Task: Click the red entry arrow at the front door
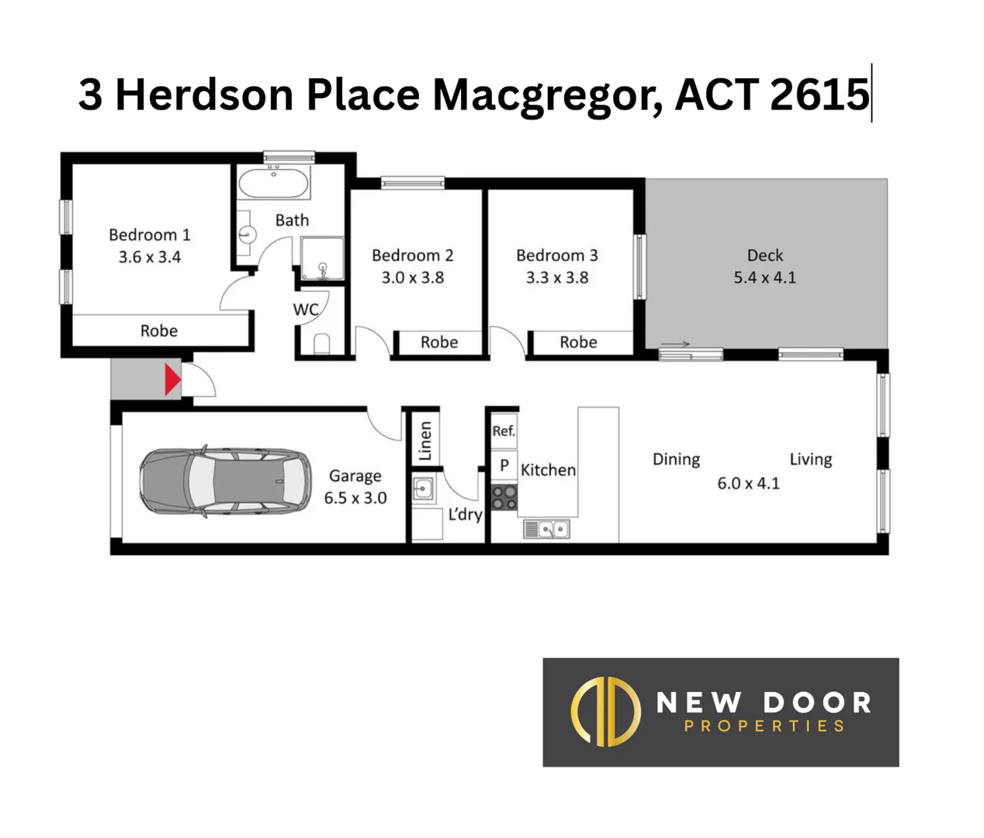[172, 380]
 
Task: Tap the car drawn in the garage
[224, 481]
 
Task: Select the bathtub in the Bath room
[273, 184]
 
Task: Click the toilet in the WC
[321, 343]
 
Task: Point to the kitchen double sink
[547, 529]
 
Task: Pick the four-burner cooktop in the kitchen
[504, 497]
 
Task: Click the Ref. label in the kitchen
[503, 431]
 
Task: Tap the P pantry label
[504, 466]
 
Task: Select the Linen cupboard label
[424, 441]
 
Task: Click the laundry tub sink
[423, 489]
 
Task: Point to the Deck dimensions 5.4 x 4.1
[764, 277]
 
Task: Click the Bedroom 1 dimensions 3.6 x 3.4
[149, 257]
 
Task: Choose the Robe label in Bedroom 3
[578, 342]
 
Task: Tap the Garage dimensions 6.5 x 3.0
[355, 497]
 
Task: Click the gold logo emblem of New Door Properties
[605, 712]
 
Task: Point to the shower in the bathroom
[322, 258]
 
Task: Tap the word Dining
[676, 459]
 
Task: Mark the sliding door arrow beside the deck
[675, 345]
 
